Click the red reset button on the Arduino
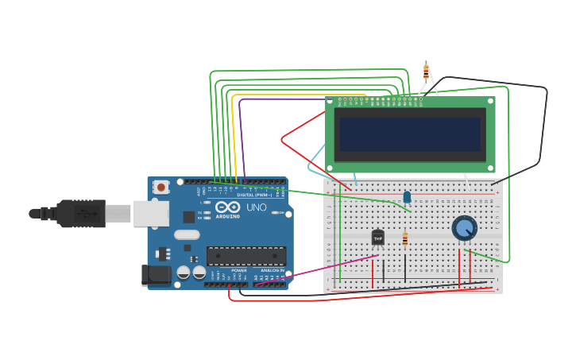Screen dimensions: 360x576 161,188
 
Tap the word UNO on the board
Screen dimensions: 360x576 257,207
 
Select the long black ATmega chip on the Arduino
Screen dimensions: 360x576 245,256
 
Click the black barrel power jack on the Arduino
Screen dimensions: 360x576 155,275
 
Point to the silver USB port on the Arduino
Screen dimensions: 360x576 151,213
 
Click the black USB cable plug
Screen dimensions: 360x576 79,213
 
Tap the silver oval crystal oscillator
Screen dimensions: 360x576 187,234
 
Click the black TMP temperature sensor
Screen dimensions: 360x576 378,237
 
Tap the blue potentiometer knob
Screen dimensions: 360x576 464,228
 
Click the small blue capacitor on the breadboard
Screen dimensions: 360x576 407,196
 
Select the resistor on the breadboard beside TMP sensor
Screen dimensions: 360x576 405,238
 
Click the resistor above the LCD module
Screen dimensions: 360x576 426,72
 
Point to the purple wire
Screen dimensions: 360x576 240,135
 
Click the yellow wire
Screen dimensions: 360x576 232,135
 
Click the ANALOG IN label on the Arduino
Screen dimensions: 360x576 266,270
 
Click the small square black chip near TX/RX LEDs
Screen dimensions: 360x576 188,216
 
